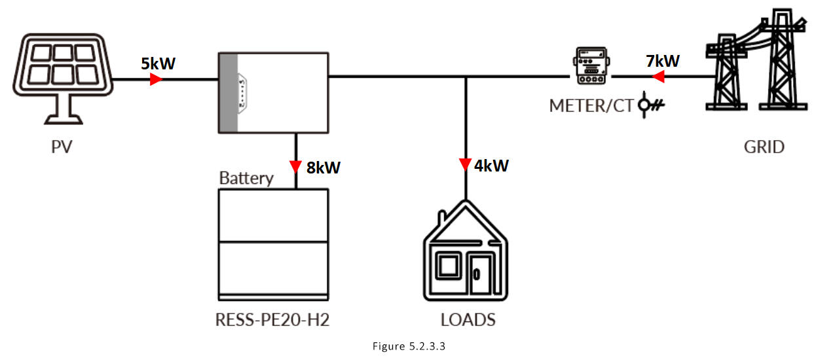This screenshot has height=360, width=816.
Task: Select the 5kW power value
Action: coord(158,63)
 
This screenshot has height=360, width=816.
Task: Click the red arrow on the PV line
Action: coord(156,80)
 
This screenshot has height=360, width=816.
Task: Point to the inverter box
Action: coord(272,92)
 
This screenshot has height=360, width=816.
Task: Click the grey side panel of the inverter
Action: coord(227,92)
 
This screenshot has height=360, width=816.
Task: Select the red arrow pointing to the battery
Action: coord(297,164)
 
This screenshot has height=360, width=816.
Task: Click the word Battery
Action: coord(246,178)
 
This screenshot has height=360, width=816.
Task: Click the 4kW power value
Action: coord(492,165)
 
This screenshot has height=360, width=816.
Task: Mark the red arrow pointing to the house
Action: coord(465,163)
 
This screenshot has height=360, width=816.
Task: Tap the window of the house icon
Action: coord(449,267)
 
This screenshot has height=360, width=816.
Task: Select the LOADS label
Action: coord(468,320)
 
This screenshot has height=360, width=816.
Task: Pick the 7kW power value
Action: coord(662,62)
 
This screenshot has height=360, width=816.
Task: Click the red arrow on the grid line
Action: coord(659,77)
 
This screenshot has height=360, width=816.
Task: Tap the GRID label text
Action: coord(764,146)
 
